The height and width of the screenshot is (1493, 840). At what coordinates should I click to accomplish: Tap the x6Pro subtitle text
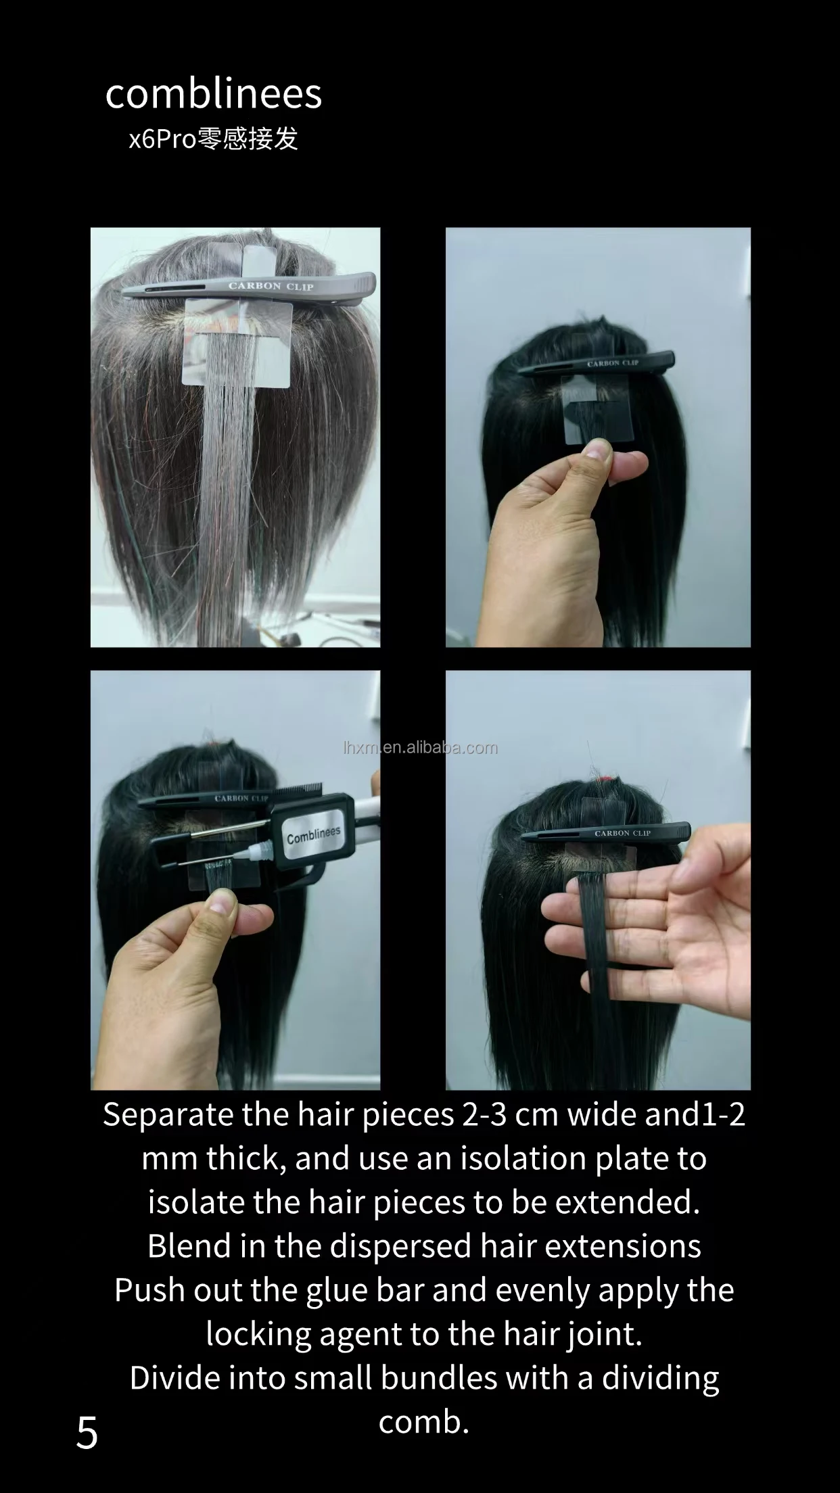pyautogui.click(x=213, y=139)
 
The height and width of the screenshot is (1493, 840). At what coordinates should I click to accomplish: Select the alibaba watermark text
pyautogui.click(x=421, y=748)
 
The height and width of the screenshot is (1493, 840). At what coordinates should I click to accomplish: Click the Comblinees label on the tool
pyautogui.click(x=313, y=836)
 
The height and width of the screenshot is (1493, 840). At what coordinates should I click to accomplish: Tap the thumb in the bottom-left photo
pyautogui.click(x=222, y=906)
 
